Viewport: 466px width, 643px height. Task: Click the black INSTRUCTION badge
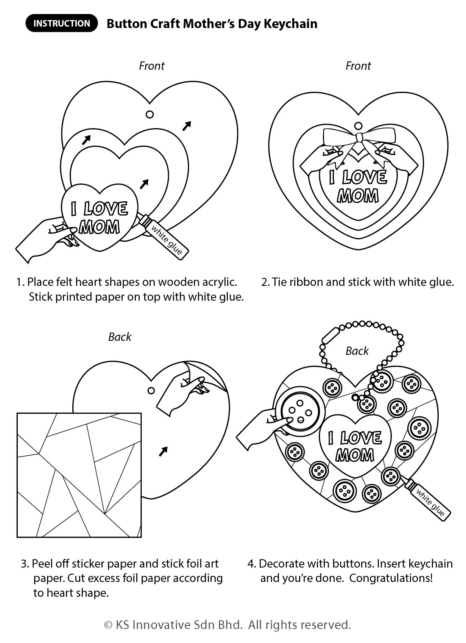click(x=62, y=23)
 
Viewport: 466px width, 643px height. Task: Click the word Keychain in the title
click(x=290, y=24)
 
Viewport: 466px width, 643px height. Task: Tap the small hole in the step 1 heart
click(x=150, y=114)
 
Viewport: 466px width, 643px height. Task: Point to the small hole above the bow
click(x=358, y=126)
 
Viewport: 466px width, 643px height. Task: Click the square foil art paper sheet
click(x=79, y=475)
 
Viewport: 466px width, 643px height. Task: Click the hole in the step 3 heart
click(x=151, y=391)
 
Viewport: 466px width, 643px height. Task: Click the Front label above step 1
click(x=151, y=66)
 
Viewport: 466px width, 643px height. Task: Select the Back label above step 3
click(x=120, y=337)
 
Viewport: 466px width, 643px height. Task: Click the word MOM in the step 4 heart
click(x=355, y=455)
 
